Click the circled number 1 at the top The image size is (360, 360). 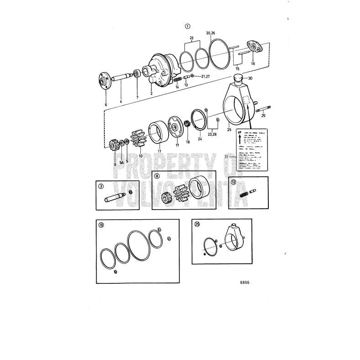pyautogui.click(x=187, y=26)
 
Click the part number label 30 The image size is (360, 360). pyautogui.click(x=250, y=78)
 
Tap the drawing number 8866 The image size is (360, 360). pyautogui.click(x=245, y=283)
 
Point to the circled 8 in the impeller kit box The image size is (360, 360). pyautogui.click(x=157, y=175)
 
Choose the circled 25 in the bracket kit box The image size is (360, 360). pyautogui.click(x=197, y=224)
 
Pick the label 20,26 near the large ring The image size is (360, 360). pyautogui.click(x=211, y=33)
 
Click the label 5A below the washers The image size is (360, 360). pyautogui.click(x=122, y=162)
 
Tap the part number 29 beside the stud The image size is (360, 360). pyautogui.click(x=263, y=116)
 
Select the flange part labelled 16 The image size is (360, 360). pyautogui.click(x=252, y=46)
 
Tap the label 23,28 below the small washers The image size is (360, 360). pyautogui.click(x=212, y=134)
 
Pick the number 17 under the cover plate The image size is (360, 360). pyautogui.click(x=177, y=145)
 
